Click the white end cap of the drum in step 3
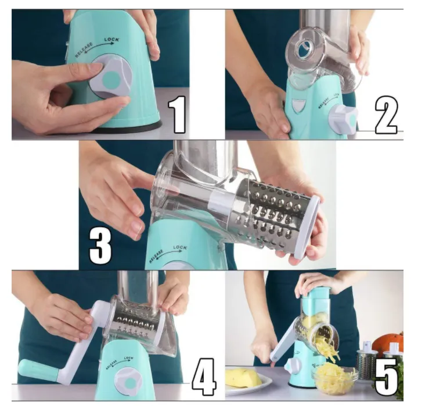click(308, 227)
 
